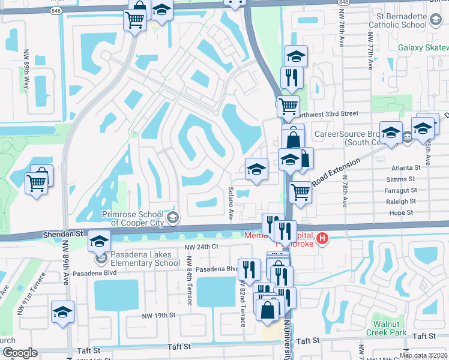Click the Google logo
pos(20,353)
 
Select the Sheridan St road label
pos(62,233)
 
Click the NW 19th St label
pos(158,315)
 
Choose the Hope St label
pos(402,212)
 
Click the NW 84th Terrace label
pos(188,281)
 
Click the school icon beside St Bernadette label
pos(434,21)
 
